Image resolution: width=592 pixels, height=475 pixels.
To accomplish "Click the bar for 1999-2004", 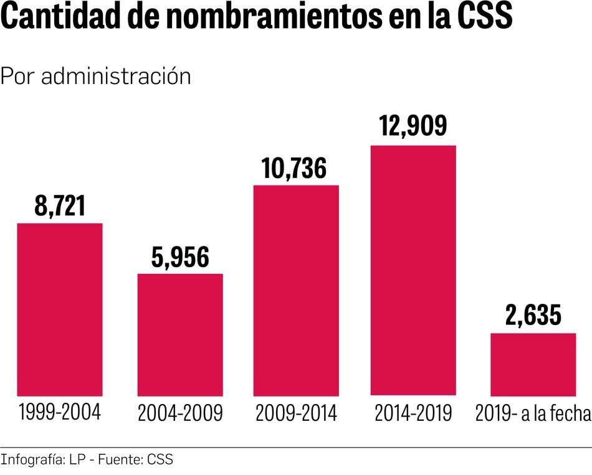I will click(x=60, y=309).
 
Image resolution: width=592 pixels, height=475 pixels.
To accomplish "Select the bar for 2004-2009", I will click(x=180, y=334).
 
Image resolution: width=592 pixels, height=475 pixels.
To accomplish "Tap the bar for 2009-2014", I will click(x=296, y=290).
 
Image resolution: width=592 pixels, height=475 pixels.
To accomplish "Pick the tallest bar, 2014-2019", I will click(x=413, y=270).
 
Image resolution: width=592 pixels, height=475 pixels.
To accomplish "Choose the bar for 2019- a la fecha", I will click(x=533, y=364).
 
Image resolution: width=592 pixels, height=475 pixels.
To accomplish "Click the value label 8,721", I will click(x=60, y=207).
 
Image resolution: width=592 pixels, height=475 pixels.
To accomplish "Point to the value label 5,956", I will click(x=180, y=257).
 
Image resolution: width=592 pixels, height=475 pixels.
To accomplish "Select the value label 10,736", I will click(x=295, y=168).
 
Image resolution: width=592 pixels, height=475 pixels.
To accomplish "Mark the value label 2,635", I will click(x=533, y=316).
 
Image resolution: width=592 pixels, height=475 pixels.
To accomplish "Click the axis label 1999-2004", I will click(x=60, y=412).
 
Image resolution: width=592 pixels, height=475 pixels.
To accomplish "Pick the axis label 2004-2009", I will click(x=180, y=413).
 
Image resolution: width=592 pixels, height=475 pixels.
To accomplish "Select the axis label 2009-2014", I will click(x=296, y=413).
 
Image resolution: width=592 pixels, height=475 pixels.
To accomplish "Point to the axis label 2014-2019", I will click(x=413, y=413).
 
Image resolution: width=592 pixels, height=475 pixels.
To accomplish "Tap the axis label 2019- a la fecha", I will click(x=533, y=413).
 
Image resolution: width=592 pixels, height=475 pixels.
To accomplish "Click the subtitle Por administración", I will click(x=95, y=76).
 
